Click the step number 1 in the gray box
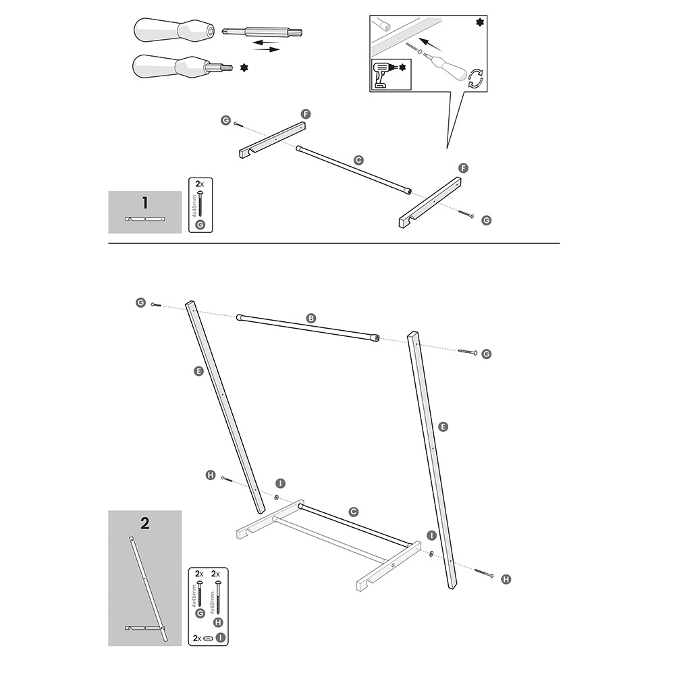pyautogui.click(x=144, y=202)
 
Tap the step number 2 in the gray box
pyautogui.click(x=144, y=522)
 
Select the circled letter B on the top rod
pyautogui.click(x=311, y=317)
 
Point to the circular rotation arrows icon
pyautogui.click(x=476, y=78)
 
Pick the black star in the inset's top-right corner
pyautogui.click(x=480, y=23)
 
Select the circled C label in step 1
pyautogui.click(x=359, y=160)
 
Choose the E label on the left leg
pyautogui.click(x=198, y=370)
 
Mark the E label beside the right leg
pyautogui.click(x=443, y=427)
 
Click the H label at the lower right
pyautogui.click(x=506, y=578)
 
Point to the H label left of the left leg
pyautogui.click(x=210, y=476)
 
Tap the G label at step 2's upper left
pyautogui.click(x=140, y=303)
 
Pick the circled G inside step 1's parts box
pyautogui.click(x=199, y=225)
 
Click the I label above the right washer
pyautogui.click(x=431, y=535)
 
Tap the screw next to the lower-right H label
pyautogui.click(x=484, y=573)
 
